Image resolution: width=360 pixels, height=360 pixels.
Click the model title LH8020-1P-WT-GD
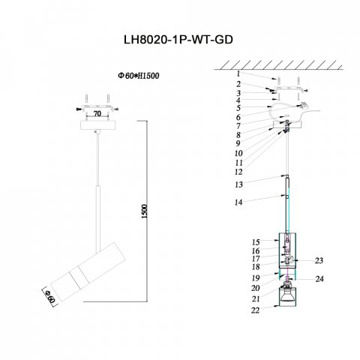click(178, 40)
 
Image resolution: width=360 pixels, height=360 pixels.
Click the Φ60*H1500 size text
click(139, 76)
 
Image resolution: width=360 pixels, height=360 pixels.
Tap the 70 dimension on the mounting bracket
click(97, 113)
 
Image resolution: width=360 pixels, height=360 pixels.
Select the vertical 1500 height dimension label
click(145, 211)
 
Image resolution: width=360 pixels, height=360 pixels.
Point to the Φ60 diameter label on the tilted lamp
click(50, 296)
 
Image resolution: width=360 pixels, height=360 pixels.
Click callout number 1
click(238, 73)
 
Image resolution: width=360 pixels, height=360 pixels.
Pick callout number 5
click(238, 108)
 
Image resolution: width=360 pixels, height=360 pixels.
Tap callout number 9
click(238, 143)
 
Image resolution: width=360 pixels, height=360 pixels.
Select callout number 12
click(238, 172)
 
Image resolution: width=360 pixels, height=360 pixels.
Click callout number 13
click(238, 184)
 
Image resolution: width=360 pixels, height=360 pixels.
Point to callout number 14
click(238, 202)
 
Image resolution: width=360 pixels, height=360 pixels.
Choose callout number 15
click(256, 242)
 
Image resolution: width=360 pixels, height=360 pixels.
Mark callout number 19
click(256, 277)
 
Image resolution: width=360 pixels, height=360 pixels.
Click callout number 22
click(256, 310)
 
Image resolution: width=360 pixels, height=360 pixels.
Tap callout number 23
click(319, 260)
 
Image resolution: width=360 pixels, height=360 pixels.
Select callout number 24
click(319, 279)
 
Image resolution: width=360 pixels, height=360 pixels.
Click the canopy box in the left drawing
click(97, 125)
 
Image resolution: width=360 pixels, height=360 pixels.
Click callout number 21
click(256, 298)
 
